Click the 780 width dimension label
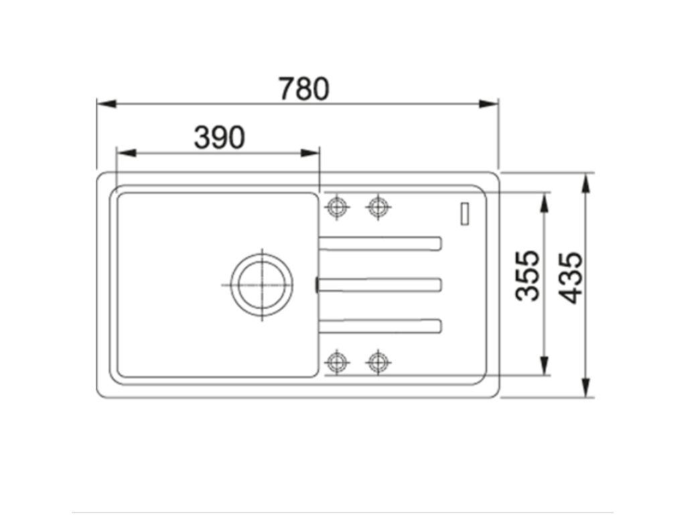click(x=303, y=89)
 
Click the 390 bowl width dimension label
click(x=219, y=137)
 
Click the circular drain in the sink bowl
click(x=261, y=284)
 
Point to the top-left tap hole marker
click(x=336, y=207)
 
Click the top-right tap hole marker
click(x=379, y=207)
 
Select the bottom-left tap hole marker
click(x=336, y=362)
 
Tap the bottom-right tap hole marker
click(x=379, y=362)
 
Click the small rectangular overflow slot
click(x=464, y=213)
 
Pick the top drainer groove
click(x=380, y=243)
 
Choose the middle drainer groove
click(x=380, y=285)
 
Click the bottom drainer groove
click(x=380, y=325)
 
